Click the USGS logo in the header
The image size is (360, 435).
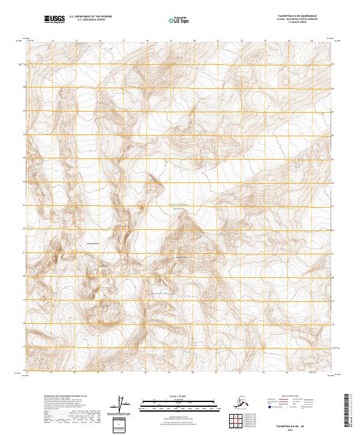click(x=54, y=20)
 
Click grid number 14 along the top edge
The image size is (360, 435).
click(x=53, y=41)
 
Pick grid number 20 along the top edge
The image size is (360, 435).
click(x=194, y=41)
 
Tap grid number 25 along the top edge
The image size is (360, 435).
click(x=312, y=41)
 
